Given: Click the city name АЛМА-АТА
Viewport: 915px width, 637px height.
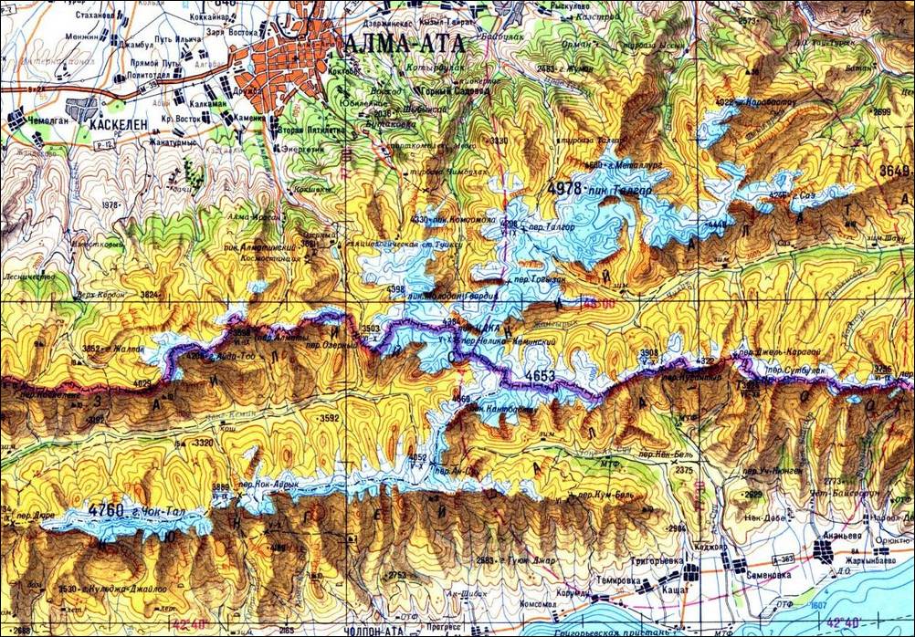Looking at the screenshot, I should [x=405, y=43].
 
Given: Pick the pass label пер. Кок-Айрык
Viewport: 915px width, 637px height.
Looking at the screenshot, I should [x=268, y=485].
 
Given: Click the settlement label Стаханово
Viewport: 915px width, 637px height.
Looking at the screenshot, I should [x=98, y=15].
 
